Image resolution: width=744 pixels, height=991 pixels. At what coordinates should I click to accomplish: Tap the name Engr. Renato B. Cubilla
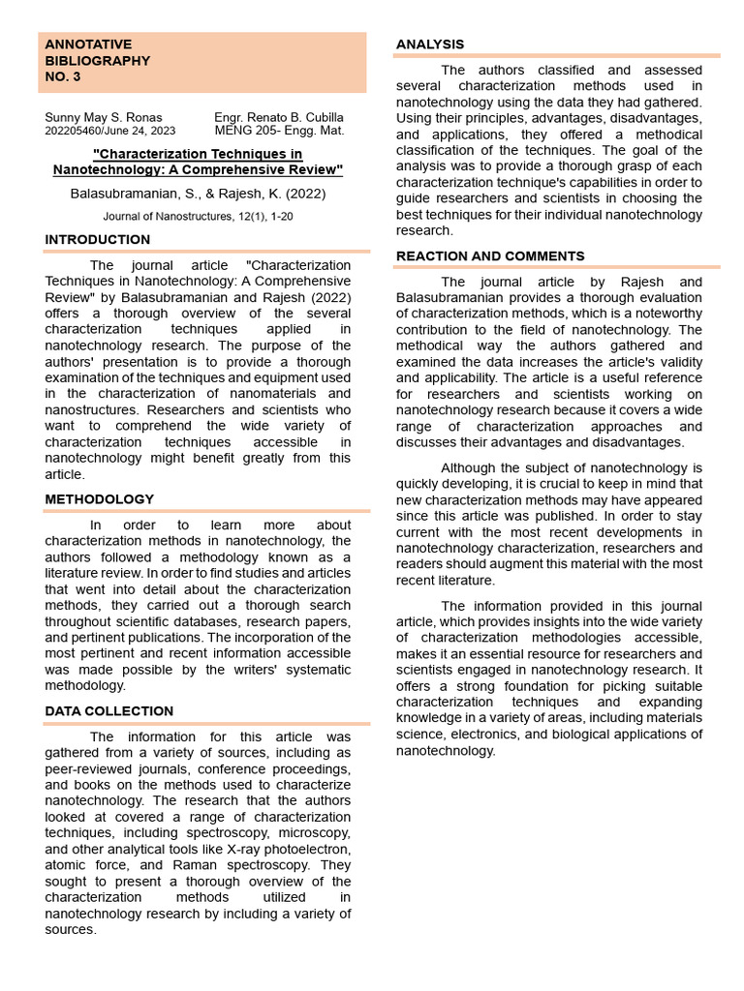tap(278, 118)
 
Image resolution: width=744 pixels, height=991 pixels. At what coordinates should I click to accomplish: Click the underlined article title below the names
tap(198, 162)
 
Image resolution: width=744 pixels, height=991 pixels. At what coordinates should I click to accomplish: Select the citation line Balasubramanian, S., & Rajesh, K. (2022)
tap(198, 194)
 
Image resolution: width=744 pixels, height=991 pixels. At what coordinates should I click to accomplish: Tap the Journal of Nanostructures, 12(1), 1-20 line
tap(198, 217)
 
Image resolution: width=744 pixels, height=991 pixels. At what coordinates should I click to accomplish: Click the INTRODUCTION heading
tap(98, 240)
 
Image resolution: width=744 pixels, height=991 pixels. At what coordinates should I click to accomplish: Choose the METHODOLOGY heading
tap(100, 499)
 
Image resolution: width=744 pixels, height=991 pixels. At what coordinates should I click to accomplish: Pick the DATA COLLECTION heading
tap(109, 711)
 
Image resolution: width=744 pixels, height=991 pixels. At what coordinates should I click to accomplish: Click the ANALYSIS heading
tap(430, 45)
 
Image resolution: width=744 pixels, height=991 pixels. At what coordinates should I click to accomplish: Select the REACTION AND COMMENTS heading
tap(490, 256)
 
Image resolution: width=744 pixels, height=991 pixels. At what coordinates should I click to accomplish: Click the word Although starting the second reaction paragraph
tap(469, 468)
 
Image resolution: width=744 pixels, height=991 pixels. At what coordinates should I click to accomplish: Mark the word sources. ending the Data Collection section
tap(71, 929)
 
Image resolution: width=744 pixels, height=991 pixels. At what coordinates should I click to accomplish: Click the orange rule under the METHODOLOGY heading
tap(207, 511)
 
